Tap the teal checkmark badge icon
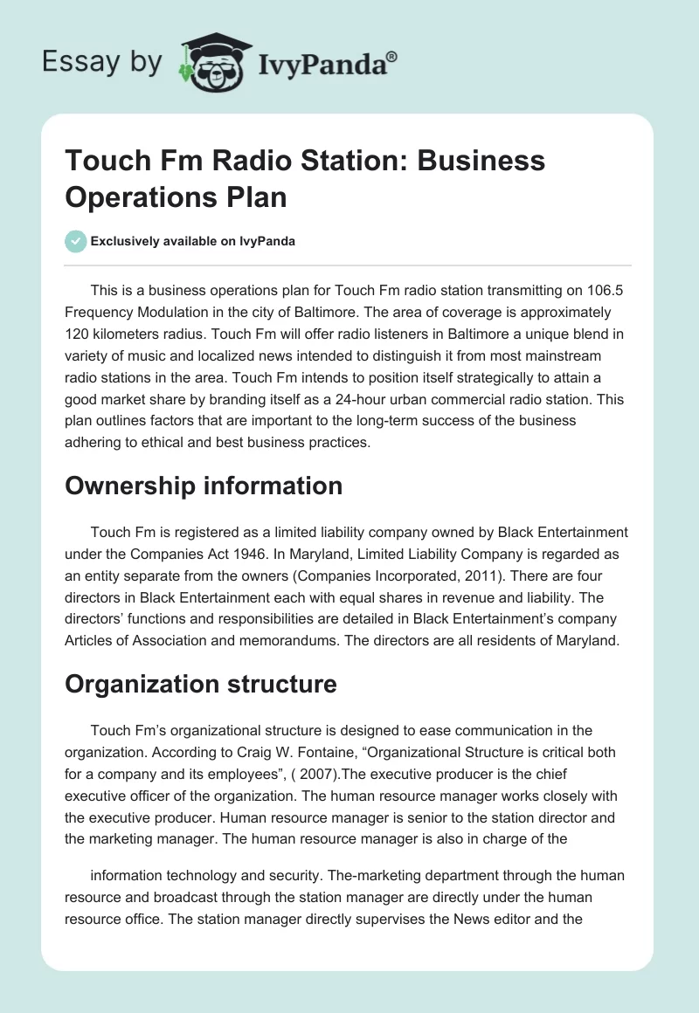[76, 241]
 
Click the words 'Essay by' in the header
[101, 61]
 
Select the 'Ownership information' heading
[204, 486]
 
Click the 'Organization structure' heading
[201, 684]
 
